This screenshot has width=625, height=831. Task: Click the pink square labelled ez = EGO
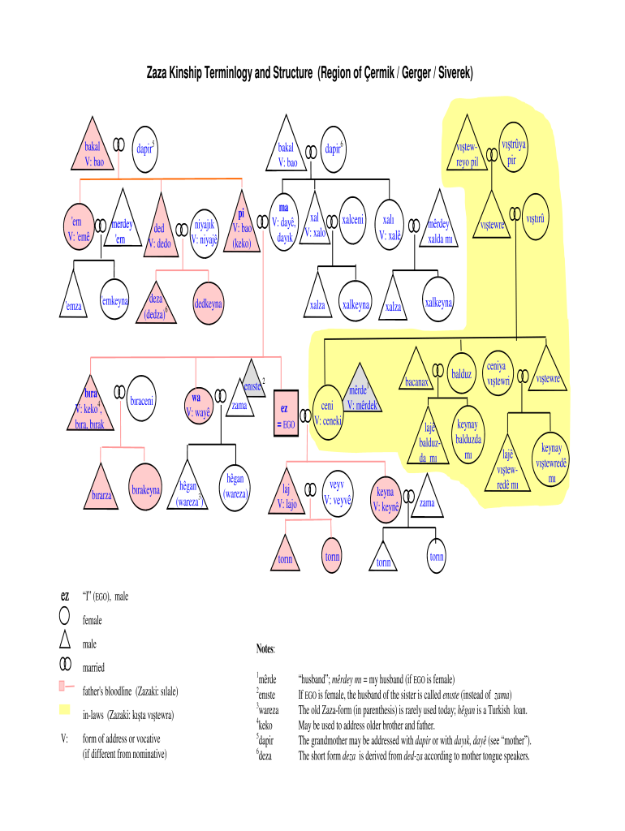coord(287,413)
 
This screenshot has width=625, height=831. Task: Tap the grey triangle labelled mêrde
coord(360,389)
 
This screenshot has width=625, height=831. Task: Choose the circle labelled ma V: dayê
coord(283,222)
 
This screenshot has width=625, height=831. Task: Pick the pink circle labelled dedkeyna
coord(208,304)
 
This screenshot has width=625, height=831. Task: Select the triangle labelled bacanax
coord(416,370)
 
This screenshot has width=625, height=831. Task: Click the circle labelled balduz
coord(461,373)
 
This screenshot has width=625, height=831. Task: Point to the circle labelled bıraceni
coord(141,398)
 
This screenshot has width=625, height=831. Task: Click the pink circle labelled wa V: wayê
coord(198,407)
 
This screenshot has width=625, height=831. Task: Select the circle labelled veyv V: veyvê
coord(337,493)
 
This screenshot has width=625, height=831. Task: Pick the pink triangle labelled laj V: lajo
coord(287,493)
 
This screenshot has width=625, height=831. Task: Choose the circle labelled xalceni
coord(352,220)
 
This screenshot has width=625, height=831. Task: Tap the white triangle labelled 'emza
coord(73,295)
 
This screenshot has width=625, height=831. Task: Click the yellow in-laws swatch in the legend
coord(65,709)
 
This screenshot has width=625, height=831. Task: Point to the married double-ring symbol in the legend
coord(65,664)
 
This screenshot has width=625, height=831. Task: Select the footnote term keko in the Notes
coord(265,725)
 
